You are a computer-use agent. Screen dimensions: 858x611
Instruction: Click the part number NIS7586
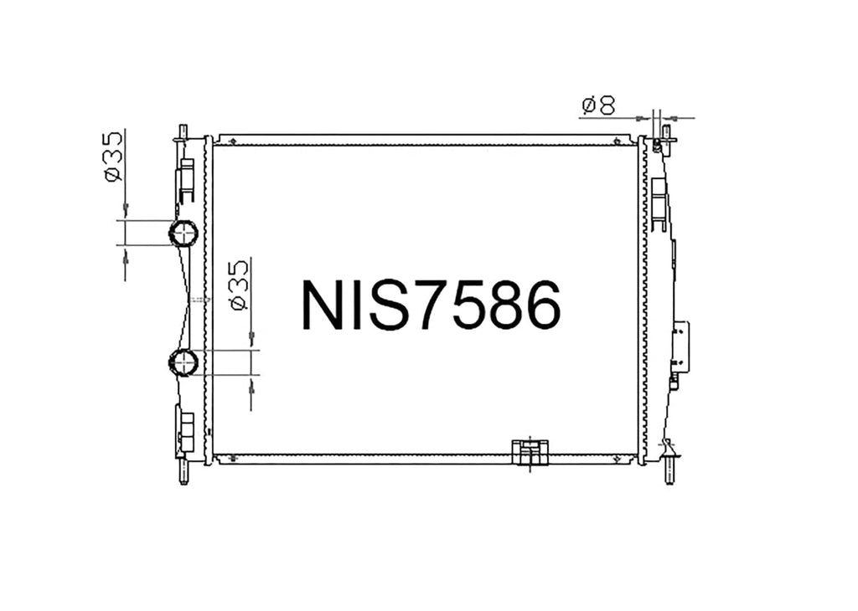click(x=432, y=305)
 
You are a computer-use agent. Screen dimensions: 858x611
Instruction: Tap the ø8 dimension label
click(x=598, y=105)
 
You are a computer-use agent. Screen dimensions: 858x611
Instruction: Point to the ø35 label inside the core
click(x=239, y=285)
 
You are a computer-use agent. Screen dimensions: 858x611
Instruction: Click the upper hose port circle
click(x=183, y=234)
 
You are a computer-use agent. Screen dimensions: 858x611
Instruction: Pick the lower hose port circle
click(x=183, y=362)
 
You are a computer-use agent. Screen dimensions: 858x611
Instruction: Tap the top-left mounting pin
click(x=183, y=133)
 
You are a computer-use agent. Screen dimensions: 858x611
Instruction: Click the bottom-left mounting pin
click(x=183, y=475)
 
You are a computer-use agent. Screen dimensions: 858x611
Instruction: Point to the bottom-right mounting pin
click(x=669, y=472)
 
